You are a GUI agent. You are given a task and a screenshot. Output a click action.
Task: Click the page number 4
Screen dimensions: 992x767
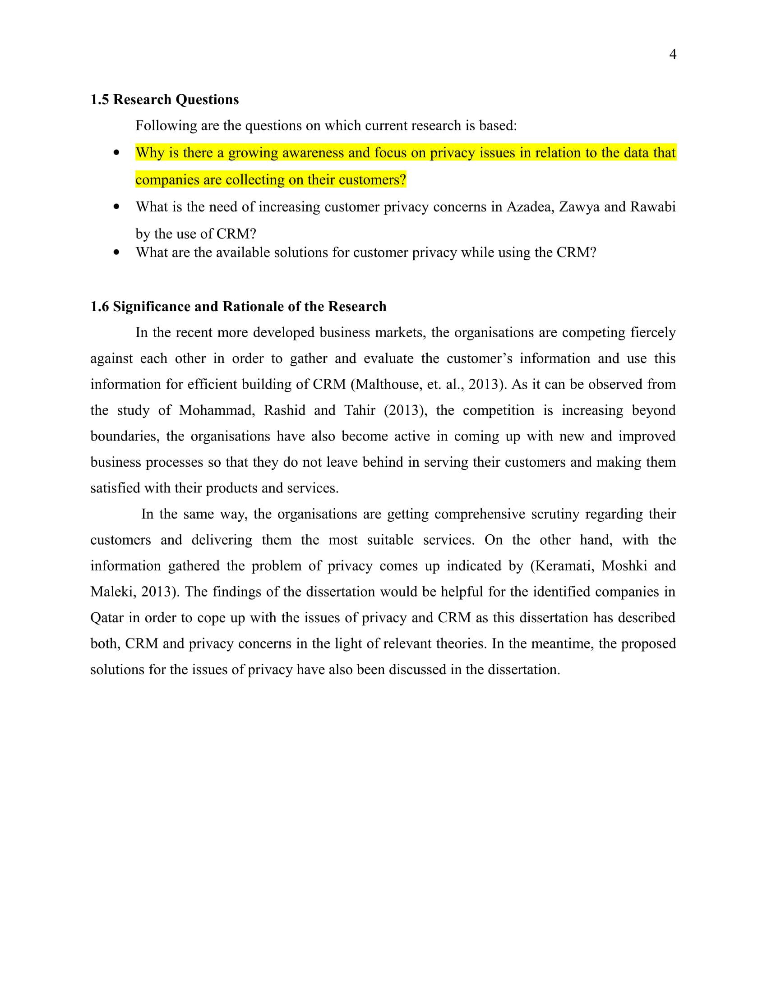click(673, 55)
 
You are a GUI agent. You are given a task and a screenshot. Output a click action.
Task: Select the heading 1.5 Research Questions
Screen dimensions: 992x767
click(165, 100)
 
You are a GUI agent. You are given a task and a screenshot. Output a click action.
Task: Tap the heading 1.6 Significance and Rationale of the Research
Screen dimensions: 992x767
click(238, 307)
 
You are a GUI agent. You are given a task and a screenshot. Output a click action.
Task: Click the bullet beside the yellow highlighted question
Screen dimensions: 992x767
click(117, 153)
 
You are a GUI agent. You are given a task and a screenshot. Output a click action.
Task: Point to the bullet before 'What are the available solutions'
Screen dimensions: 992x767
click(117, 253)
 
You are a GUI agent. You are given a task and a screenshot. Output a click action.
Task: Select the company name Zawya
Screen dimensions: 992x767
click(579, 207)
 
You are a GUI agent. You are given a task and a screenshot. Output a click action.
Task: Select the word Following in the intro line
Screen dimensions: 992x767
click(166, 126)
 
